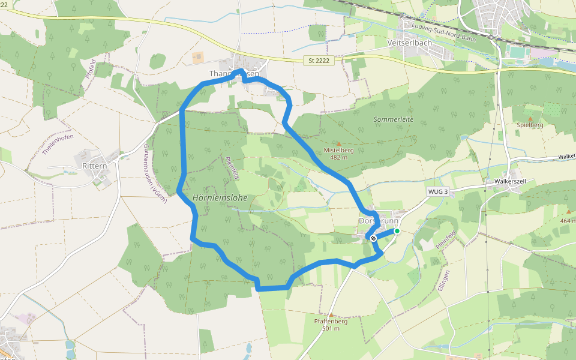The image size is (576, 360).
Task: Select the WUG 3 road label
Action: [x=438, y=191]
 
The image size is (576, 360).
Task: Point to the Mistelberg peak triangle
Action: [x=338, y=144]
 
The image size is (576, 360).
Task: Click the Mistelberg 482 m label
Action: [x=338, y=154]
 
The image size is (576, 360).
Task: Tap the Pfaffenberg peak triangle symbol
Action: [x=330, y=314]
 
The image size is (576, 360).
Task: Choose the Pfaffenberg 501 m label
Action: [x=331, y=324]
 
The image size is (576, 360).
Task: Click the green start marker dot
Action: [x=397, y=231]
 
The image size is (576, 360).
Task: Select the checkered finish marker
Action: [x=373, y=238]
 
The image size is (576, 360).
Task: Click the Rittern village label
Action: [x=94, y=165]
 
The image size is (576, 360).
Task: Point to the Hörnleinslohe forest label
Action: [x=220, y=197]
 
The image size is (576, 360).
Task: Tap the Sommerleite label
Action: [x=394, y=120]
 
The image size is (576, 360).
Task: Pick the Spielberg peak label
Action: [x=530, y=125]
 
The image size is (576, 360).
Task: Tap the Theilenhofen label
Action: [x=58, y=145]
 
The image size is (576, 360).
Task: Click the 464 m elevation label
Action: [x=568, y=221]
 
